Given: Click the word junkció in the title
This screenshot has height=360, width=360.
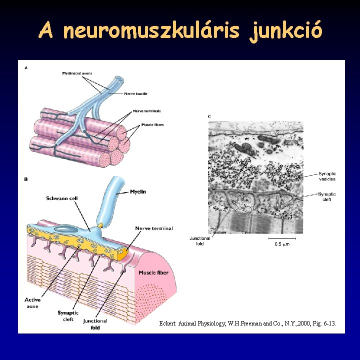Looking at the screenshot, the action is point(288,31).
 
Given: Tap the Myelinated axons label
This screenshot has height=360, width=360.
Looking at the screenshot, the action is point(77,73).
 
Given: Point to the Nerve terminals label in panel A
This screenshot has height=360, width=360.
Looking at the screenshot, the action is point(146,110).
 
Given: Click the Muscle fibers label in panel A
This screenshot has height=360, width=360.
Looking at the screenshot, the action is point(152,124).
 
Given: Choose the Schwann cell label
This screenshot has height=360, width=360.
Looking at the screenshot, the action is point(62,198).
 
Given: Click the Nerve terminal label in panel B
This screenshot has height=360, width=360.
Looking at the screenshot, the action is point(154,228).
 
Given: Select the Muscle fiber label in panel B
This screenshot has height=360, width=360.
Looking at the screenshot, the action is point(153,272).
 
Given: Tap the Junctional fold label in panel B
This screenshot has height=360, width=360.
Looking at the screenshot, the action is point(95,323).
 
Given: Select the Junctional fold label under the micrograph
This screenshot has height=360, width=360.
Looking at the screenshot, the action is point(200,241).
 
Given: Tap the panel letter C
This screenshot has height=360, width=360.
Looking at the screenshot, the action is point(209,116).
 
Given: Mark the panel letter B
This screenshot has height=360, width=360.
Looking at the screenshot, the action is point(26,178).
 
